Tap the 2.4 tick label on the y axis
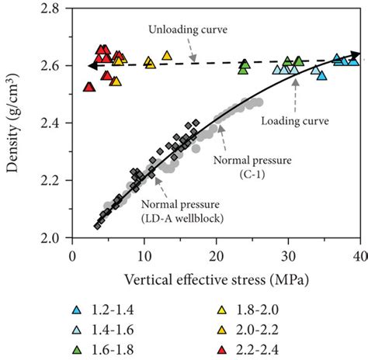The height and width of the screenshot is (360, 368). pyautogui.click(x=53, y=123)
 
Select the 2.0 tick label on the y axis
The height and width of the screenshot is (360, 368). pyautogui.click(x=53, y=237)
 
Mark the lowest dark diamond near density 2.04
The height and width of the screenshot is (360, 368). pyautogui.click(x=97, y=226)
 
